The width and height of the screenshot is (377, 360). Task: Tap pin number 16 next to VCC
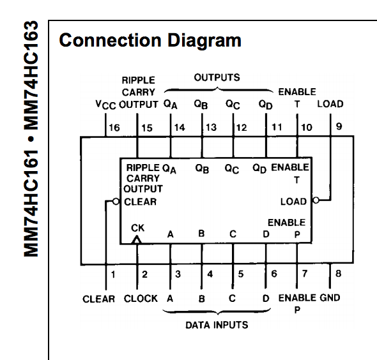click(114, 128)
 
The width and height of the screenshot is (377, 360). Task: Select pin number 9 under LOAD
click(339, 126)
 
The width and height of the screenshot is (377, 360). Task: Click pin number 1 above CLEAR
click(113, 275)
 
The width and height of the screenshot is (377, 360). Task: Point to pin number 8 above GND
click(339, 275)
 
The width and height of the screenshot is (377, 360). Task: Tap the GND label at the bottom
click(330, 298)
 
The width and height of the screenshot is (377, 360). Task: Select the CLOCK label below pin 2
click(141, 299)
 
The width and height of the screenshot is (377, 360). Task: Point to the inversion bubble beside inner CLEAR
click(116, 201)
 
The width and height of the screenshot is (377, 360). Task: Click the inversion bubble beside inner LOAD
click(316, 201)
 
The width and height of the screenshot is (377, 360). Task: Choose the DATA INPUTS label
click(217, 325)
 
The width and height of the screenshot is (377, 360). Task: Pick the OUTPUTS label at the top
click(217, 78)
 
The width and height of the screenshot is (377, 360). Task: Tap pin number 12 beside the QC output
click(242, 128)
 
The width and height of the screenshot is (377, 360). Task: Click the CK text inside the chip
click(138, 227)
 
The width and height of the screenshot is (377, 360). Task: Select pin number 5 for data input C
click(241, 275)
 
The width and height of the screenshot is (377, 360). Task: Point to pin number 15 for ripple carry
click(147, 128)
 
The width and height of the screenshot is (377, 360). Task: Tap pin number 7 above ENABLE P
click(305, 275)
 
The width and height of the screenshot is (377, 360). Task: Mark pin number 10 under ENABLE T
click(307, 128)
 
